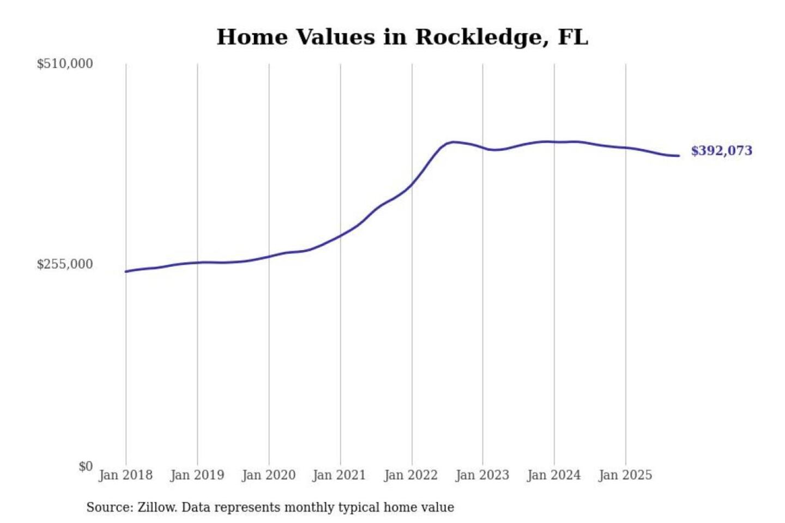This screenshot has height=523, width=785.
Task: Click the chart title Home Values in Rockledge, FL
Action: click(402, 37)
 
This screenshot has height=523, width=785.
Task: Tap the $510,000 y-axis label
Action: click(65, 64)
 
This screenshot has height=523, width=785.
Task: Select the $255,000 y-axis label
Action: click(65, 264)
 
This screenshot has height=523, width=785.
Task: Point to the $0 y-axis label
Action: click(86, 466)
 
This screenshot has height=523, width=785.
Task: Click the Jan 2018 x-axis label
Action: click(125, 475)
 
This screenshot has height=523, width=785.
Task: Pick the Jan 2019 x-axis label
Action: click(197, 475)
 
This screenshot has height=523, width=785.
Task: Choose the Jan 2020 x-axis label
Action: click(268, 475)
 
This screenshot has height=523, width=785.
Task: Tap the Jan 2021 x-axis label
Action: click(339, 475)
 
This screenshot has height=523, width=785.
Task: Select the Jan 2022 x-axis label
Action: click(410, 475)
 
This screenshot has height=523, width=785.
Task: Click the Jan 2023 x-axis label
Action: click(482, 475)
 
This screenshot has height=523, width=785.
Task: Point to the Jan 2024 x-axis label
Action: click(553, 475)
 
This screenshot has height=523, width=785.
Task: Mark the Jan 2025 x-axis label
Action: click(625, 475)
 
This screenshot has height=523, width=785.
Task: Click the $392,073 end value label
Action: click(721, 151)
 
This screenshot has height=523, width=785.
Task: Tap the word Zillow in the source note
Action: click(157, 507)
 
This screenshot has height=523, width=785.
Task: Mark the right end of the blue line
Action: click(679, 156)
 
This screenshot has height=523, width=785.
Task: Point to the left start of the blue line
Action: click(126, 271)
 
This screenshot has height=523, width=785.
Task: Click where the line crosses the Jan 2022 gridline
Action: click(412, 184)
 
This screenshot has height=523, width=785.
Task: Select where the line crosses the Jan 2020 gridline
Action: click(269, 257)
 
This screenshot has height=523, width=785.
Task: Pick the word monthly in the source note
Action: click(309, 507)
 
